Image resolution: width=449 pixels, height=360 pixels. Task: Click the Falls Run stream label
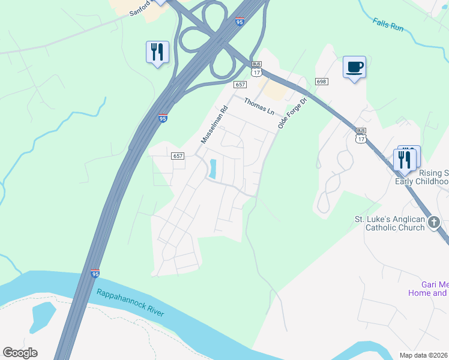[x=388, y=24]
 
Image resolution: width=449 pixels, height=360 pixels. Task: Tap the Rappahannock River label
[x=130, y=304]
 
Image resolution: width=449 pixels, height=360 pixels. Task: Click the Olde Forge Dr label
[x=292, y=114]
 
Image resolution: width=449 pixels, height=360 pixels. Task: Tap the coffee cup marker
[x=354, y=67]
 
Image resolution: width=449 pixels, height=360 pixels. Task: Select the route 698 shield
[x=321, y=82]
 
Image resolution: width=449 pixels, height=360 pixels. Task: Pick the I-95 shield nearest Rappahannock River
[x=95, y=274]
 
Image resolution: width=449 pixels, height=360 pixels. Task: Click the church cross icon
[x=435, y=222]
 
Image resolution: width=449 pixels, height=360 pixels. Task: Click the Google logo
[x=20, y=353]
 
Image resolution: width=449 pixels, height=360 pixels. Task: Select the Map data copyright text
[x=424, y=355]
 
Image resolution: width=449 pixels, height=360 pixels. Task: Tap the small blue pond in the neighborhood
[x=212, y=169]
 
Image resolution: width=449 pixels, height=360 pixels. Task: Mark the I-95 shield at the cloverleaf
[x=240, y=22]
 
